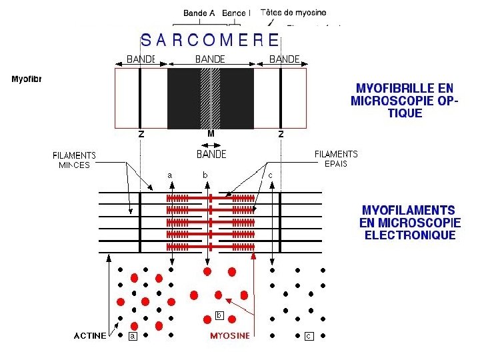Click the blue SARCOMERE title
(210, 39)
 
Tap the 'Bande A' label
(199, 13)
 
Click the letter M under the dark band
(211, 134)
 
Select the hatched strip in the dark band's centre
(210, 99)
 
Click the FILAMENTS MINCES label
(75, 160)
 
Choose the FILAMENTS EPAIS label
(336, 159)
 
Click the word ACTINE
(90, 336)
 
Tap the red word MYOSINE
(230, 336)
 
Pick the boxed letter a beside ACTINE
(133, 337)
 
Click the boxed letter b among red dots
(219, 315)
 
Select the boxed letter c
(309, 337)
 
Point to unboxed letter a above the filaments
(169, 175)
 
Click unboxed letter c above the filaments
(270, 175)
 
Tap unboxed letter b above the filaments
(205, 175)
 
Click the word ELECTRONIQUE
(410, 235)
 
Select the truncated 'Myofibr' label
(27, 79)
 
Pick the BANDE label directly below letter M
(211, 154)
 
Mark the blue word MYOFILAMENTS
(409, 209)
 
